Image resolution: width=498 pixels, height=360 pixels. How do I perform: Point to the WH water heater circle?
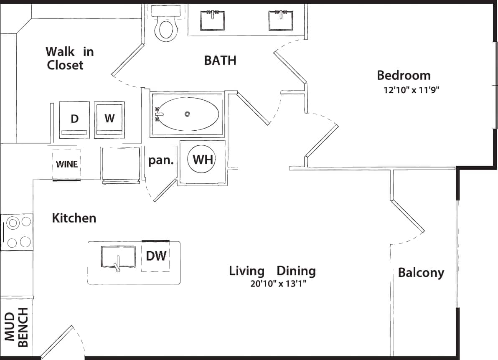pos(203,159)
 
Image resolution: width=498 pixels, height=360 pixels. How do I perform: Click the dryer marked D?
pos(74,119)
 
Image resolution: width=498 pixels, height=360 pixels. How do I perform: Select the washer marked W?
pos(109,119)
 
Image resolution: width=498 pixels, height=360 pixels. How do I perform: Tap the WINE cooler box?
pos(67,164)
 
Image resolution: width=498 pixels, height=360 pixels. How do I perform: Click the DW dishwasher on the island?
pos(156,256)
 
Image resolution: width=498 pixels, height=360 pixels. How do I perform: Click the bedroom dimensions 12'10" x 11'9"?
pos(412,89)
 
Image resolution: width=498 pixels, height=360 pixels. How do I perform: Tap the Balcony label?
pos(421,273)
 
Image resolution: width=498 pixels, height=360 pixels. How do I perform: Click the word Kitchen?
pos(74,218)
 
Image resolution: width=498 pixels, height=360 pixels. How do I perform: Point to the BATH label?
pos(220,61)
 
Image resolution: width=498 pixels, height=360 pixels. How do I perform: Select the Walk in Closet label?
pos(69,58)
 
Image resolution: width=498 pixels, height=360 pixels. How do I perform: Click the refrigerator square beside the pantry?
pos(121,164)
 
